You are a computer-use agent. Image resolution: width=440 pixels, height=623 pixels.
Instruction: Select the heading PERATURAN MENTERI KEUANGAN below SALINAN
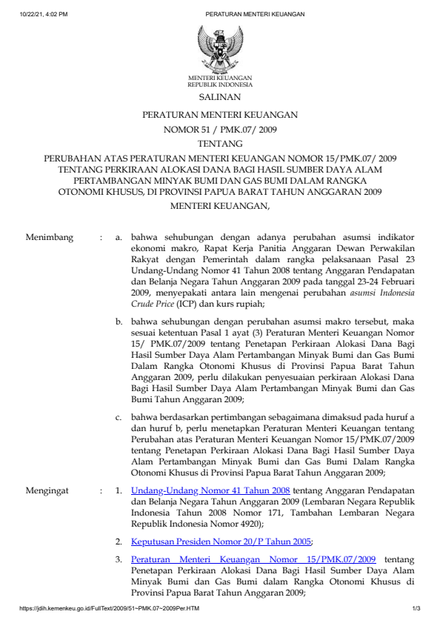tap(220, 115)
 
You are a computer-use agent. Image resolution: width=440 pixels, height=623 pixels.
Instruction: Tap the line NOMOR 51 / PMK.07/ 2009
tap(220, 130)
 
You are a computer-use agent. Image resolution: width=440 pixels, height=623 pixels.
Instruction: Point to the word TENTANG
tap(220, 144)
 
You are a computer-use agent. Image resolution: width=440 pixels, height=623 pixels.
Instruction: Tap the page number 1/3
tap(416, 609)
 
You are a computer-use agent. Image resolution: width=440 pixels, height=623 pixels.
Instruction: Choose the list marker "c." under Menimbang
tap(119, 417)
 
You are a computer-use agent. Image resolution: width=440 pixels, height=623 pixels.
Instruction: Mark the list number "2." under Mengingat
tap(119, 541)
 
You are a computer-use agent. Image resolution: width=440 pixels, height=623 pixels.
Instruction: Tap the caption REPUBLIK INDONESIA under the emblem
tap(220, 84)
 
